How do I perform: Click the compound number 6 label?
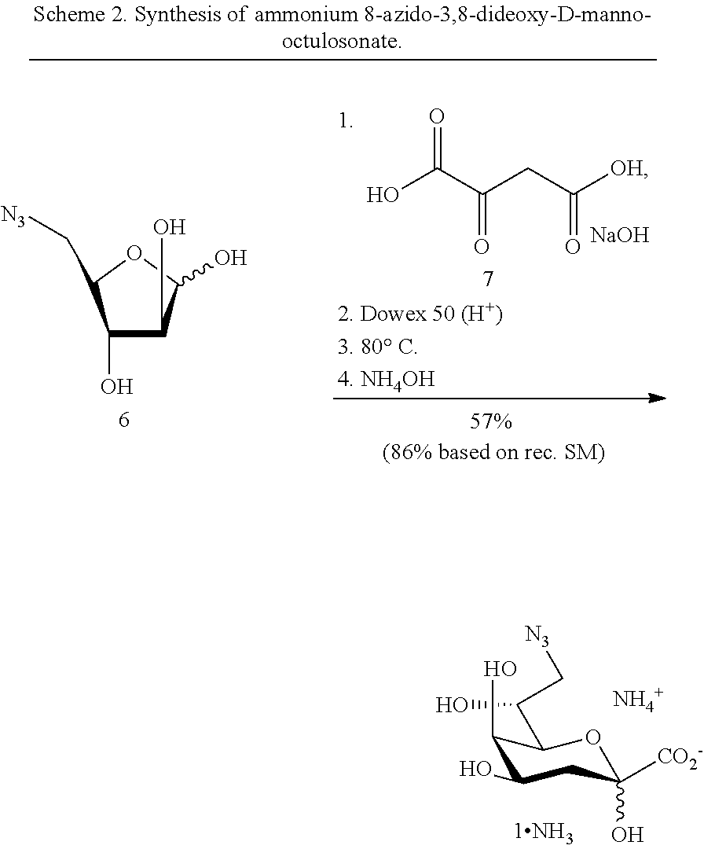point(123,420)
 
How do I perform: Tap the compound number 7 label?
point(488,280)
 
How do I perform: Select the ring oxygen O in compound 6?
point(134,253)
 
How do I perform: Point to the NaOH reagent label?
point(619,235)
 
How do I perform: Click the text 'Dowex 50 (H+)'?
point(431,314)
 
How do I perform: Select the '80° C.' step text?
point(389,347)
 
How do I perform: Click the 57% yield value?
point(491,422)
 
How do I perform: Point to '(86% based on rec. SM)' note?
point(493,454)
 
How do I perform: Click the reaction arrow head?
point(658,399)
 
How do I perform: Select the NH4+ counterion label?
point(638,698)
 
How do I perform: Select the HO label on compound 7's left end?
point(383,195)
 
